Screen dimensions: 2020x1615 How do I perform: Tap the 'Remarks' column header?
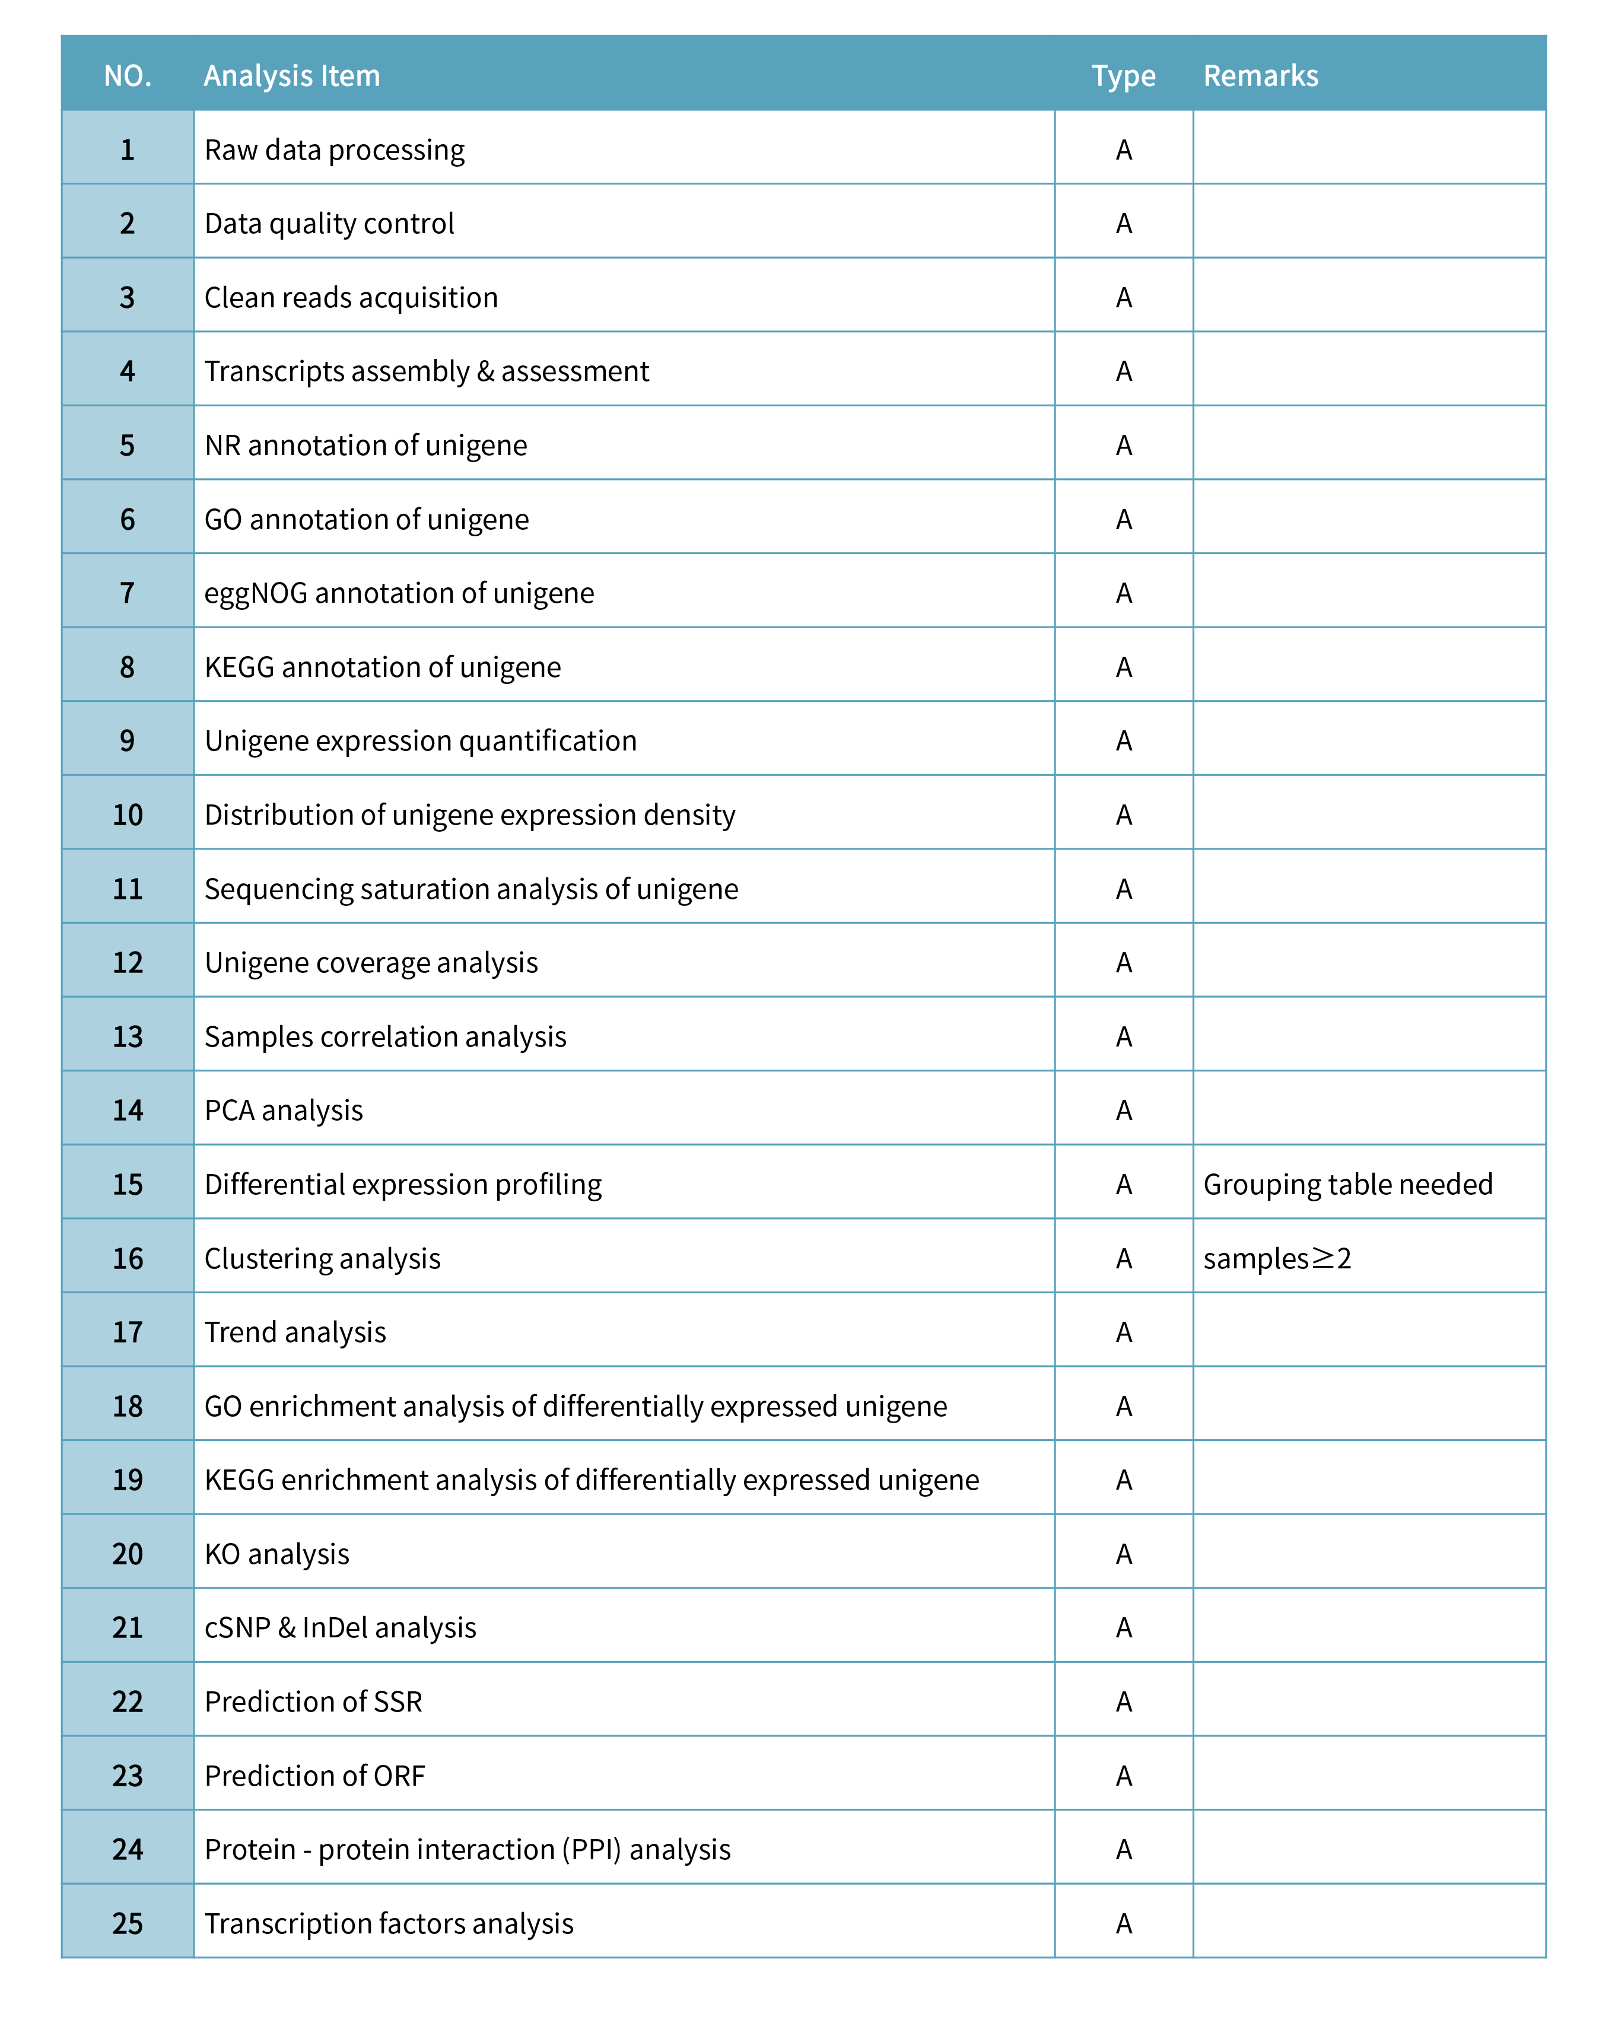click(1260, 76)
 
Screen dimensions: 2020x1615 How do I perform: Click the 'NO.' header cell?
click(128, 76)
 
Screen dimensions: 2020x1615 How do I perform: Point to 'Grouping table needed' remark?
click(1347, 1184)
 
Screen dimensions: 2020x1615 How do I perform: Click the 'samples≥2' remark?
click(1277, 1258)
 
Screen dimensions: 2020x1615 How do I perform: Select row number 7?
click(128, 593)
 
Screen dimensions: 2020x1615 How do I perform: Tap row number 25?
click(128, 1923)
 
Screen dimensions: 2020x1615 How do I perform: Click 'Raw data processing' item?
click(335, 150)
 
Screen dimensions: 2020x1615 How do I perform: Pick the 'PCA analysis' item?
click(283, 1110)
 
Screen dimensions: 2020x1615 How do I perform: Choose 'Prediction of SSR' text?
click(313, 1701)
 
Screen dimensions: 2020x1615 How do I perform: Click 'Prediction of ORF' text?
click(315, 1776)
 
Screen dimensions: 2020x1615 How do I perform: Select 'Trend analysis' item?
click(295, 1332)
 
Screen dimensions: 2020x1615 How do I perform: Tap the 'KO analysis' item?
click(276, 1554)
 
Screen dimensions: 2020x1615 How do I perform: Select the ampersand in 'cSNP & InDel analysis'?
click(287, 1627)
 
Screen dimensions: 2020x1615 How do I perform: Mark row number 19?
click(128, 1480)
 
